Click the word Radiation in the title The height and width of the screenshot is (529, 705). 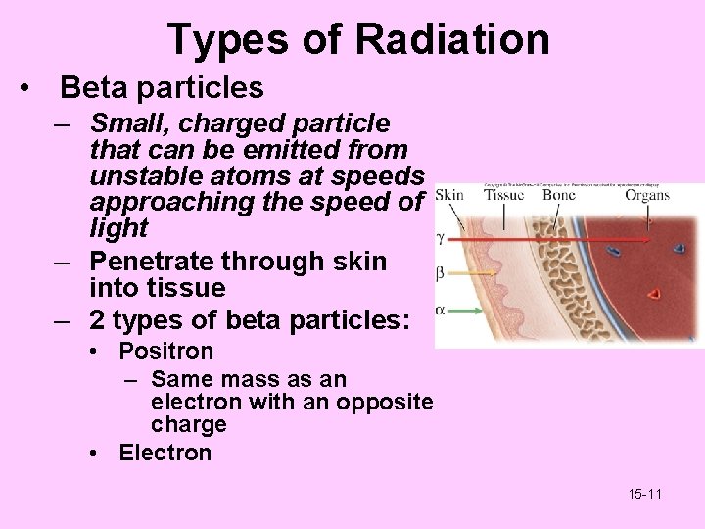[452, 39]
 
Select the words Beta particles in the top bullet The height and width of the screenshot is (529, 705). [162, 87]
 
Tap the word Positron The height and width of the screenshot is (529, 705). [165, 351]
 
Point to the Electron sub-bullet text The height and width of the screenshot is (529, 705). [164, 453]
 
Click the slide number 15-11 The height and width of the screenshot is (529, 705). [644, 494]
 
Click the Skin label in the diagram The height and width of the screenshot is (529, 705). [448, 195]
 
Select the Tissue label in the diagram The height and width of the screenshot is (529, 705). [504, 195]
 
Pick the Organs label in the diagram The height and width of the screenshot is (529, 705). [647, 195]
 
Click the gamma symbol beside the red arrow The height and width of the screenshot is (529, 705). [441, 239]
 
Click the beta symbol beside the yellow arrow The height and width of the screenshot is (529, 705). [441, 273]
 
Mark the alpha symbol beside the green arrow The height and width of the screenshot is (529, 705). [441, 310]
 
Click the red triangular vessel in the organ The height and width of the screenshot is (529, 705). [655, 292]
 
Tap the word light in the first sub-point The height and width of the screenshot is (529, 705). [118, 229]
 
